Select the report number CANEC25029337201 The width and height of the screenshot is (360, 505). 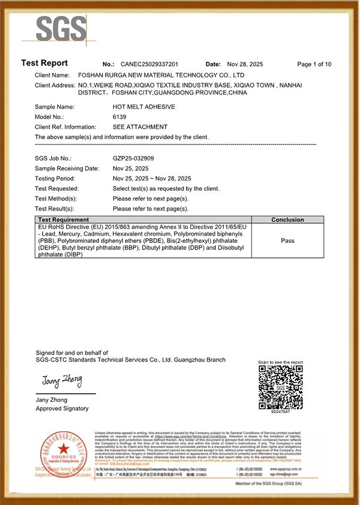[x=149, y=64]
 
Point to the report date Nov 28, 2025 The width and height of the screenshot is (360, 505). [x=242, y=64]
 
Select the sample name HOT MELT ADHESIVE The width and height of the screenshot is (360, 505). [x=143, y=106]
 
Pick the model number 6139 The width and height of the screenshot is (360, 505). [x=120, y=116]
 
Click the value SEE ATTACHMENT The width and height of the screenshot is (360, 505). [x=140, y=127]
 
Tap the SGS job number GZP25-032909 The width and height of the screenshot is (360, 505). [x=133, y=158]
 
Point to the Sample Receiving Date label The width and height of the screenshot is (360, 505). [x=67, y=169]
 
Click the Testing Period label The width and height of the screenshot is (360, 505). [x=55, y=178]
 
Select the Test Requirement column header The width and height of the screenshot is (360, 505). [x=64, y=220]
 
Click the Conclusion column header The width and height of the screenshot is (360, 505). [x=287, y=220]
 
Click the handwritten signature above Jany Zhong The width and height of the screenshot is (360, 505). [x=61, y=381]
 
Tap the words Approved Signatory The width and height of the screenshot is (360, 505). [x=62, y=408]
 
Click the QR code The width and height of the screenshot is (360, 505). [x=280, y=387]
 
